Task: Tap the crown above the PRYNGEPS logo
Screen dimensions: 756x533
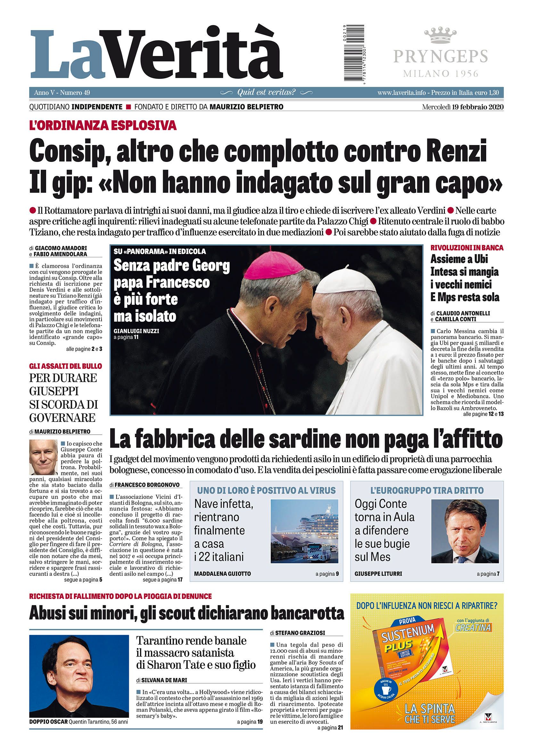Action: click(441, 36)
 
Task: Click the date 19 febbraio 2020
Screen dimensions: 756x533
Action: click(474, 107)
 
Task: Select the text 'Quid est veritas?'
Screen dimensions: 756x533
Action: click(266, 92)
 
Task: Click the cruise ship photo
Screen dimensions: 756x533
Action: click(304, 527)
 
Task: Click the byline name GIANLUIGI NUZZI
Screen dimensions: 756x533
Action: click(136, 331)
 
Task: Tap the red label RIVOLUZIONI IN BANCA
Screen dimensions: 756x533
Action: click(467, 248)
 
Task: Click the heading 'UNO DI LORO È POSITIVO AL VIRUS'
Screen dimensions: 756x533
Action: click(266, 490)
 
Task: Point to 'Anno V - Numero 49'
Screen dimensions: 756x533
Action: click(62, 92)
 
